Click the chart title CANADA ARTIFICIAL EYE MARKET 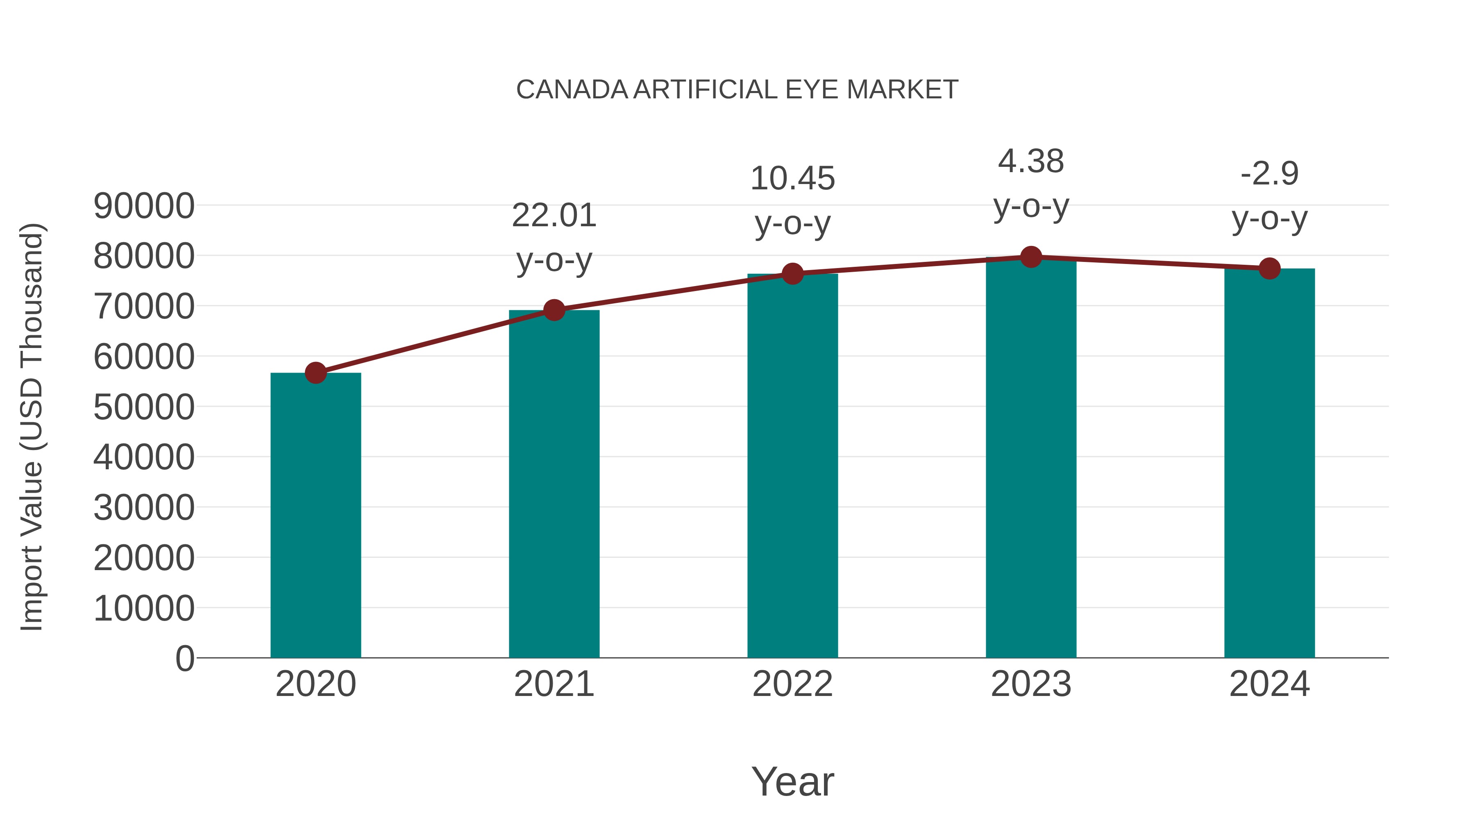737,90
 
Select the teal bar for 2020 315,516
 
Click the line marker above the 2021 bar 554,310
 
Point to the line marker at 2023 1031,257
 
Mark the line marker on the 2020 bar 315,373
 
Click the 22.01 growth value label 554,216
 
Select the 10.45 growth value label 792,179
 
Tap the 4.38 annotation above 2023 1031,161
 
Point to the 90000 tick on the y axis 144,206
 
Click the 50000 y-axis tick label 144,407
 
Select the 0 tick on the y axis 184,658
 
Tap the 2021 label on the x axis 554,684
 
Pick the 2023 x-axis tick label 1031,684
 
